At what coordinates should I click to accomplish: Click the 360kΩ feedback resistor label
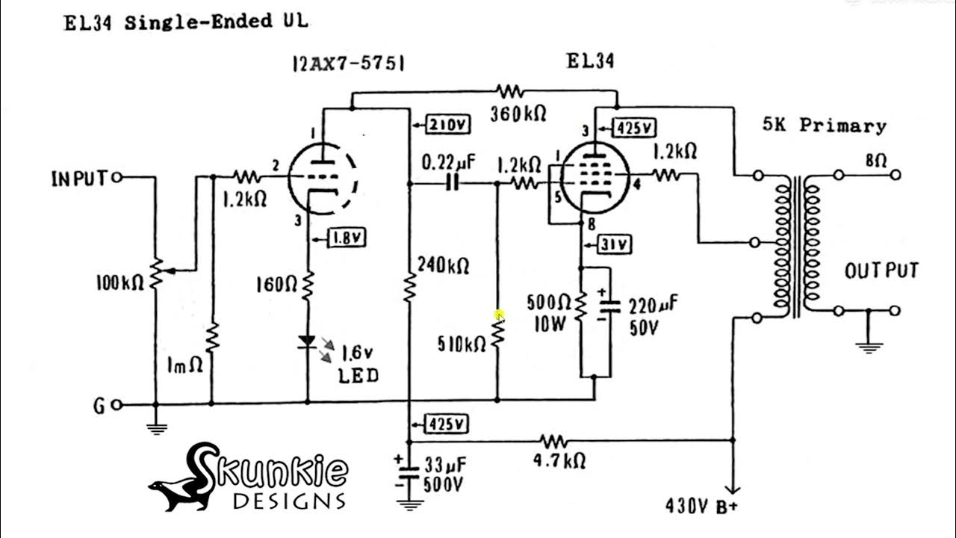(518, 114)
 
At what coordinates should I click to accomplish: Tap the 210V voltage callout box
(447, 126)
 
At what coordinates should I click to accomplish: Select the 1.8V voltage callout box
(347, 238)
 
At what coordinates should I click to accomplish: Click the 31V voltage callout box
(615, 244)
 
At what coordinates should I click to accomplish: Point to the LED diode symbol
(307, 342)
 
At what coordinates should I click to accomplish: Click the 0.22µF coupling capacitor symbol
(451, 183)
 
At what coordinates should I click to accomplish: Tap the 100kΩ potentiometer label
(119, 283)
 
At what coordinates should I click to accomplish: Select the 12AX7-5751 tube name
(348, 64)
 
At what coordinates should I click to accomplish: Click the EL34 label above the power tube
(590, 61)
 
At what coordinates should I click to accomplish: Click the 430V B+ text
(702, 506)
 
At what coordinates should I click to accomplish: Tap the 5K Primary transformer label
(824, 126)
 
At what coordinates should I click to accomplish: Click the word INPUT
(80, 179)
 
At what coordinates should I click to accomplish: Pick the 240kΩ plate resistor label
(443, 265)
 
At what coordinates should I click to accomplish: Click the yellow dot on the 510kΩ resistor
(499, 315)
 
